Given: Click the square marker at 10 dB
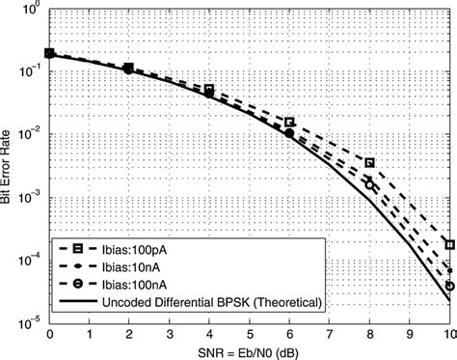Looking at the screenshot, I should pos(449,245).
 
